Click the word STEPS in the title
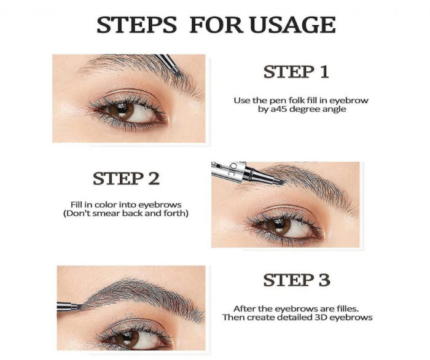pos(137,25)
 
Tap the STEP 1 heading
pos(296,72)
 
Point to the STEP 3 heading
pos(296,281)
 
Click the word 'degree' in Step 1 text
pos(311,109)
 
